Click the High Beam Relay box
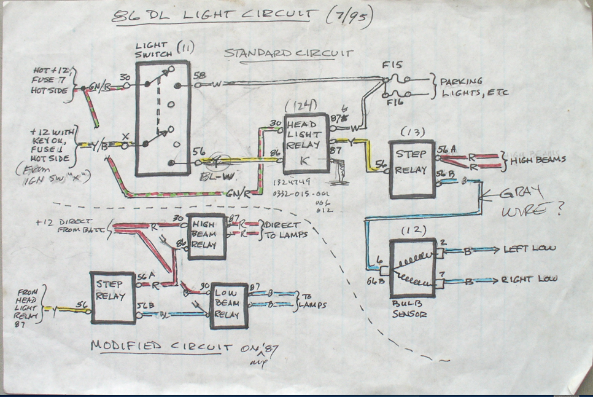[206, 237]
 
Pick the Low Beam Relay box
[229, 305]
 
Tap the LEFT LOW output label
[529, 248]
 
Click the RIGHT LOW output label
[530, 278]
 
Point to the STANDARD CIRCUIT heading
[289, 53]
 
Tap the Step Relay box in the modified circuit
[112, 297]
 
